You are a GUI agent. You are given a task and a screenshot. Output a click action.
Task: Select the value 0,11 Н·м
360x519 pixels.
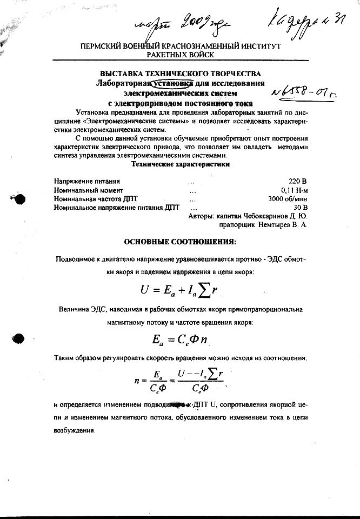[294, 190]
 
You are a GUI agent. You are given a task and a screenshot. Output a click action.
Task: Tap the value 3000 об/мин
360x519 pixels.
[288, 198]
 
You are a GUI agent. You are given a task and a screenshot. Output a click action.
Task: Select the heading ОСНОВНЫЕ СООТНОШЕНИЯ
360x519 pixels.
[180, 241]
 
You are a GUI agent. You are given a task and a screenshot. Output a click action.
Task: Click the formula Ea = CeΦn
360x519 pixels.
[180, 340]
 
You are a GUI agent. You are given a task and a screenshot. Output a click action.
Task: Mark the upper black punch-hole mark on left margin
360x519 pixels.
[19, 199]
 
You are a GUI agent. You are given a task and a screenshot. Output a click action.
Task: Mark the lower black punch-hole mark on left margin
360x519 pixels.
[19, 339]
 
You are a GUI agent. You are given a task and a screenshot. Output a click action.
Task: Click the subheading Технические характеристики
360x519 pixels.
[181, 164]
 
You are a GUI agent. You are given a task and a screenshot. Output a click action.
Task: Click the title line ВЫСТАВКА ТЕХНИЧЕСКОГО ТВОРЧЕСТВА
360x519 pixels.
[180, 74]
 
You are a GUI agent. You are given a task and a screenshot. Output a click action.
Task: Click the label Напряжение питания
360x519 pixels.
[86, 181]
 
